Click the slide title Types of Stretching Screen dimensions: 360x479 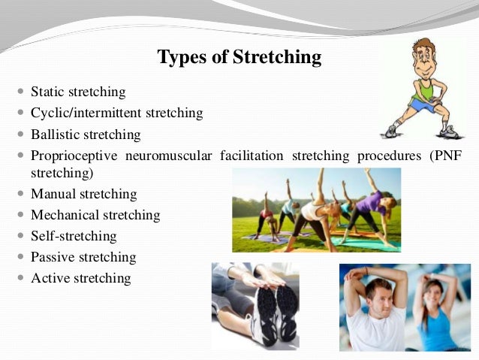[239, 57]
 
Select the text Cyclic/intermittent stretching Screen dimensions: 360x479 [116, 113]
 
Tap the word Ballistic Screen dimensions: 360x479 [54, 135]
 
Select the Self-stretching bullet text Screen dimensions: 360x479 [74, 236]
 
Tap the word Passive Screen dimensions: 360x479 [51, 257]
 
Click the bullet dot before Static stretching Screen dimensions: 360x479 [20, 92]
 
